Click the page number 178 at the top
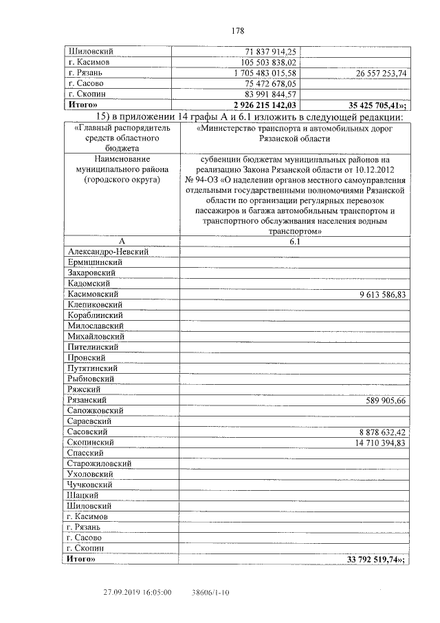pos(238,30)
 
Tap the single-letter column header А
pos(121,242)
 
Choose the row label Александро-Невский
pos(109,252)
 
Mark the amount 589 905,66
pos(385,400)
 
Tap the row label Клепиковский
pos(95,304)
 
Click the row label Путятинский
pos(93,368)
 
